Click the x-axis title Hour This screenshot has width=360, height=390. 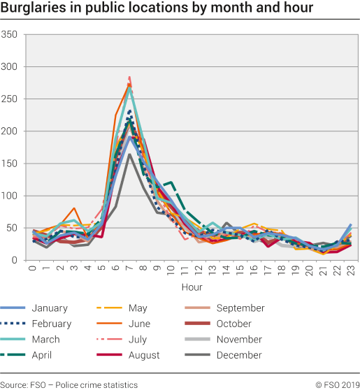tap(192, 287)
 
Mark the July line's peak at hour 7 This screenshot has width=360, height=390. tap(129, 77)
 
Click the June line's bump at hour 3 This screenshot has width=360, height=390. tap(74, 208)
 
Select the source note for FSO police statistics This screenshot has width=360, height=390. tap(69, 384)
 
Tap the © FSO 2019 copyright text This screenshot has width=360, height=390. tap(336, 384)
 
